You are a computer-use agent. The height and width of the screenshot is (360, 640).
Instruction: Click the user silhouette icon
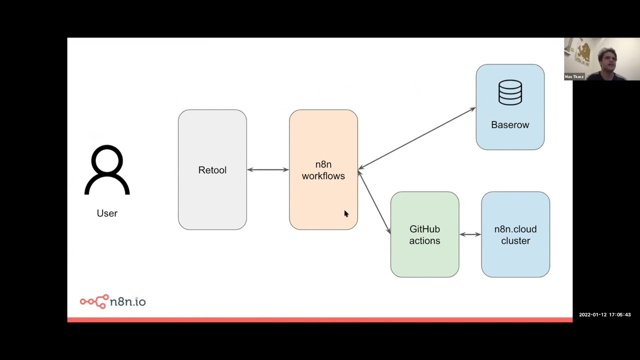107,170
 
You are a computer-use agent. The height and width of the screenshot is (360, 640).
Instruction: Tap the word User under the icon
107,213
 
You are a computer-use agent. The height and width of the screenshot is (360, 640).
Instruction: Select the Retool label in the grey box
212,170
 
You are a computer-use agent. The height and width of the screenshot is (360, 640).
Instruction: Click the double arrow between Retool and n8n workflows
268,170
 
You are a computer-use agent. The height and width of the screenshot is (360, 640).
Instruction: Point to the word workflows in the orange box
323,176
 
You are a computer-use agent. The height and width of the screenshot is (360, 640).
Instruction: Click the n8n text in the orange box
323,164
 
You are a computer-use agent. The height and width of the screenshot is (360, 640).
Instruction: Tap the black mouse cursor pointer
345,214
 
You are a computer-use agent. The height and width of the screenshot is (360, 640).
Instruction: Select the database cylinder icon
510,93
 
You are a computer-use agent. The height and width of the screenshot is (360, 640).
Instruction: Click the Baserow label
510,125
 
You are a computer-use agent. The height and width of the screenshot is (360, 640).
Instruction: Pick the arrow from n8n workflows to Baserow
416,138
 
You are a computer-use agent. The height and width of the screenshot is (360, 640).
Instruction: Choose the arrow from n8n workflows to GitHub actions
374,202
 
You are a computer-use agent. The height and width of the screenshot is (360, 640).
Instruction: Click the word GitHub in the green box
424,229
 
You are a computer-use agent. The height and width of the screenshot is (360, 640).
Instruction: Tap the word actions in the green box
424,241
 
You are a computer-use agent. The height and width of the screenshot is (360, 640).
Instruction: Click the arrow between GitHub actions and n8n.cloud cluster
470,234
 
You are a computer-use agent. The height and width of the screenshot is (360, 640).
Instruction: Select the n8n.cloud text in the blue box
515,229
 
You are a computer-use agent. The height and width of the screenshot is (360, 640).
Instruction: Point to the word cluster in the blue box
515,241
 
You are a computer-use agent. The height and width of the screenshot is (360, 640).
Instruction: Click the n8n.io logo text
127,301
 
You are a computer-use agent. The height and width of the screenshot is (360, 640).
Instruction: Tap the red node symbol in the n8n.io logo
94,301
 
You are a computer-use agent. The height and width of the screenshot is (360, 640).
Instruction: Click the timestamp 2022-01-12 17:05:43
604,314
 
